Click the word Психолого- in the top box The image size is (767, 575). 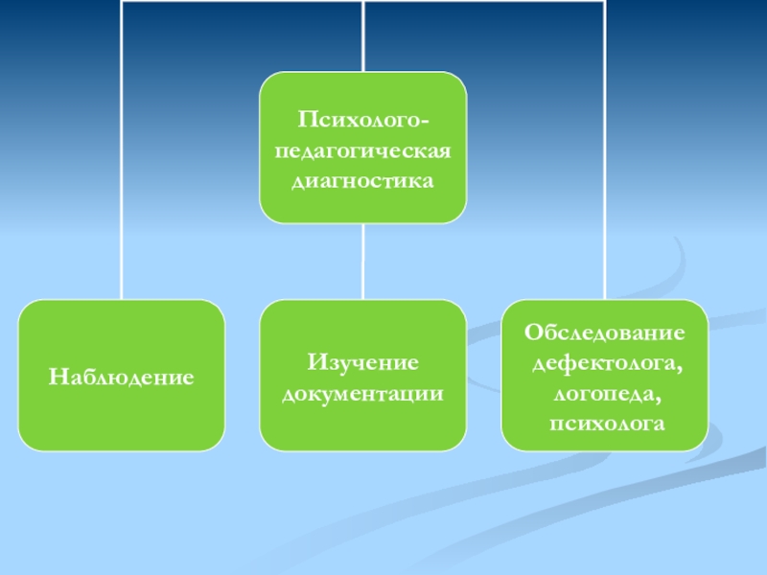click(362, 121)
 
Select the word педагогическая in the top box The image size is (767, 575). click(362, 149)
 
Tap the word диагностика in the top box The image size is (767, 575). click(362, 179)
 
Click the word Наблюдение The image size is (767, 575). click(122, 379)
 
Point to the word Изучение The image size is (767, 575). click(362, 363)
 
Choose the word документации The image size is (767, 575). click(362, 393)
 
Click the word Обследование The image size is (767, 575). click(604, 333)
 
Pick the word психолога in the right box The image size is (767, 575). click(604, 422)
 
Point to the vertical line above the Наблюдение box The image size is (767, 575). click(122, 192)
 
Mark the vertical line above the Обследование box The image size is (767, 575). click(605, 192)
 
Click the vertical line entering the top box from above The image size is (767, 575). click(363, 38)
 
